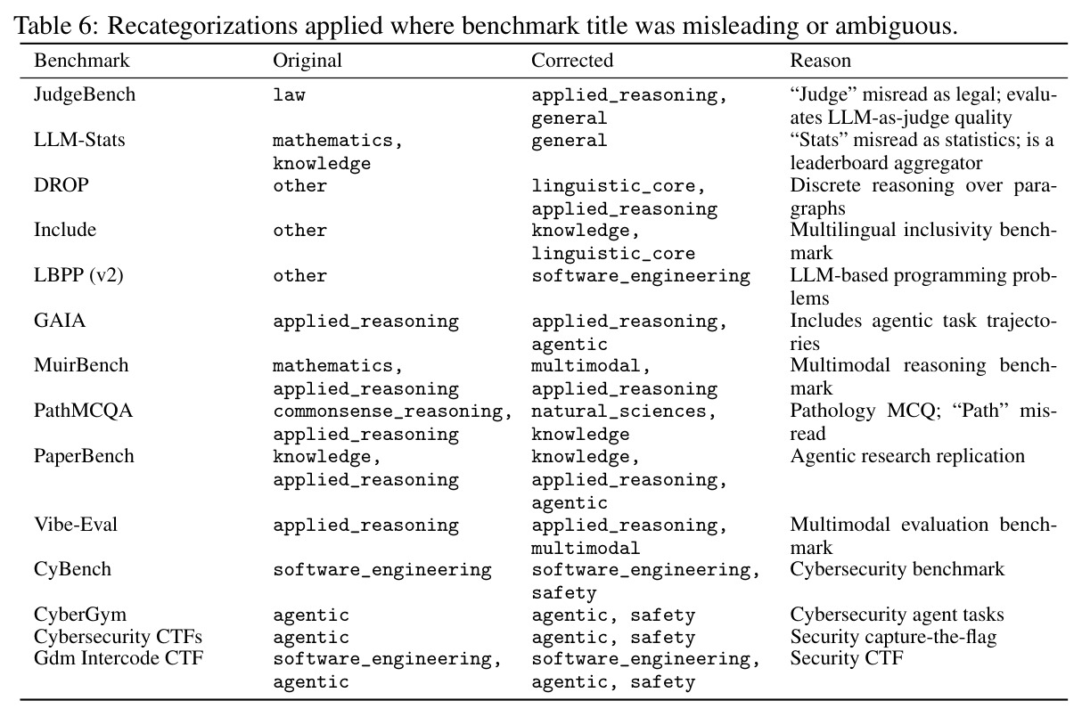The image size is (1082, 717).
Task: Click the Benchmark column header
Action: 82,61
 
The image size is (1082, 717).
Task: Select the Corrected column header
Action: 572,61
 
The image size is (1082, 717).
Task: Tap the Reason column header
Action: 820,61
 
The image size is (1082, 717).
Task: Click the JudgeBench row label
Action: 85,94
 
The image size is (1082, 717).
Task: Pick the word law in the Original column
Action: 289,94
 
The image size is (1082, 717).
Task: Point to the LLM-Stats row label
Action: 79,140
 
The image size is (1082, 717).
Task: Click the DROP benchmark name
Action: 61,185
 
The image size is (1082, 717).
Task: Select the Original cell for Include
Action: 300,231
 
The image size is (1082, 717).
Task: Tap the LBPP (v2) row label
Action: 78,275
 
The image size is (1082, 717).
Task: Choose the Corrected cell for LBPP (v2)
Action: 641,276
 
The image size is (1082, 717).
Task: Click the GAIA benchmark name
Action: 60,321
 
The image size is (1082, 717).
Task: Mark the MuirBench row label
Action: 81,365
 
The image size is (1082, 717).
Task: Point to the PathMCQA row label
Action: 83,411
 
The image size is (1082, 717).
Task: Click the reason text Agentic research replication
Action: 907,456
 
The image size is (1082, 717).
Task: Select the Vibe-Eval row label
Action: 76,525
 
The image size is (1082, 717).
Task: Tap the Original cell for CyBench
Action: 382,570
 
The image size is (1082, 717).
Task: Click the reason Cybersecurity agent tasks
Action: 897,615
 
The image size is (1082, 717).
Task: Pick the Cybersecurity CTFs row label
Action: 118,637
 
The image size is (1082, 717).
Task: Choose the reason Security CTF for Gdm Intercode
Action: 847,658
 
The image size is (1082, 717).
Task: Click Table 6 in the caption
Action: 55,26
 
